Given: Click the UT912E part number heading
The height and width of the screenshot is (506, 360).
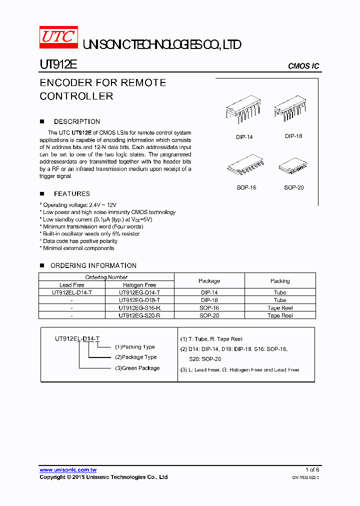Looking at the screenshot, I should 58,65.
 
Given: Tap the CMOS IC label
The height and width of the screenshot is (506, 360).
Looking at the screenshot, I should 303,66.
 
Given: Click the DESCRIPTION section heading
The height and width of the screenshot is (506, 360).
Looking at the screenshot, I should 76,121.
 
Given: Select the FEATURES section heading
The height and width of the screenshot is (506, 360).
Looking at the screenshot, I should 71,193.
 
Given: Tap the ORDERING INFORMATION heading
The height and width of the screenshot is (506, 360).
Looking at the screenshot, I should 93,265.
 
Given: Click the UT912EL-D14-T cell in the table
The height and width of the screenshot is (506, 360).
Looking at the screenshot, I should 71,292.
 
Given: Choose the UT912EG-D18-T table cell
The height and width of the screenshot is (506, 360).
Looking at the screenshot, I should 139,300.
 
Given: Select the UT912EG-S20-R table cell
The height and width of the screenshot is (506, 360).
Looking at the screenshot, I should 139,315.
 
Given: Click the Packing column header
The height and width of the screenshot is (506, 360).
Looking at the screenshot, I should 280,281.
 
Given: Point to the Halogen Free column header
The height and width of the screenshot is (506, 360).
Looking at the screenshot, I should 139,285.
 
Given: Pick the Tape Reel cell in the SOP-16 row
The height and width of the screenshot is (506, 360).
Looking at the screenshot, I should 280,308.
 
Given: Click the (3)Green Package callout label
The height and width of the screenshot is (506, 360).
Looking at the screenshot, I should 137,368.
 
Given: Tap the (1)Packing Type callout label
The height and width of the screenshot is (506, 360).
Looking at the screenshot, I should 134,346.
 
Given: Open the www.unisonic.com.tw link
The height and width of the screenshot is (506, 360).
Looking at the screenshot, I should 68,470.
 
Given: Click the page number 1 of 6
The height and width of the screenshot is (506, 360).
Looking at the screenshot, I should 312,470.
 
